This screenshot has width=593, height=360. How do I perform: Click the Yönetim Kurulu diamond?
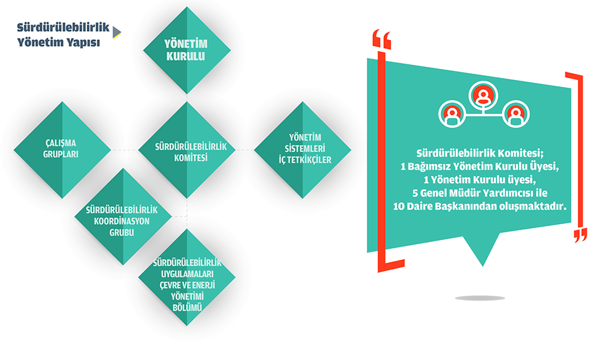pyautogui.click(x=187, y=50)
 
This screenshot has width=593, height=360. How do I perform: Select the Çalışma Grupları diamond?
pyautogui.click(x=62, y=150)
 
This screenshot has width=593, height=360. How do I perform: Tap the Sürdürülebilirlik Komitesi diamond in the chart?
pyautogui.click(x=187, y=150)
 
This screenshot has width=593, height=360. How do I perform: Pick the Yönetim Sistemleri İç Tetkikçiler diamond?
pyautogui.click(x=303, y=150)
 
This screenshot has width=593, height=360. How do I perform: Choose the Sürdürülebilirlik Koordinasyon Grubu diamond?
pyautogui.click(x=123, y=217)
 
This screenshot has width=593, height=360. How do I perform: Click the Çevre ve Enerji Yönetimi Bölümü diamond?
pyautogui.click(x=187, y=277)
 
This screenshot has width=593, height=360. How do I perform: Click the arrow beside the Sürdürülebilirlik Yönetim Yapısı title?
pyautogui.click(x=117, y=32)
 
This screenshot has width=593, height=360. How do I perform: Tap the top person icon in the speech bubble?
pyautogui.click(x=483, y=95)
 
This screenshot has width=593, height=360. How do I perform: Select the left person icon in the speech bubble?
pyautogui.click(x=452, y=114)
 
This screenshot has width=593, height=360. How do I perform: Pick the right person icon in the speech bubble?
pyautogui.click(x=516, y=114)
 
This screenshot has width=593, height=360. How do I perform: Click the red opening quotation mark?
pyautogui.click(x=381, y=39)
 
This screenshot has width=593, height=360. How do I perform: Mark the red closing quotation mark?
pyautogui.click(x=580, y=236)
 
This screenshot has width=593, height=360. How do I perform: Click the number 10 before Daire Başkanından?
pyautogui.click(x=399, y=206)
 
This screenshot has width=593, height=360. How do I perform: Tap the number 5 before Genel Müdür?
pyautogui.click(x=415, y=193)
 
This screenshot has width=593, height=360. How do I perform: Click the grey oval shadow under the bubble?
pyautogui.click(x=480, y=299)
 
